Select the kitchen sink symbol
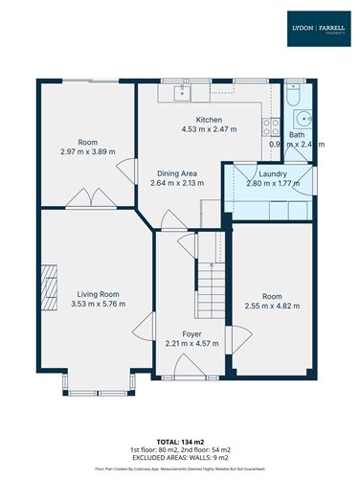click(x=181, y=92)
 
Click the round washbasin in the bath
click(x=304, y=120)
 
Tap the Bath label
click(x=297, y=135)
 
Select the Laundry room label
click(x=265, y=173)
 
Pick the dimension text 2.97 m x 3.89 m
click(x=87, y=152)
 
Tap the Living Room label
click(x=98, y=294)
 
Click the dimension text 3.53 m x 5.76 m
click(x=98, y=305)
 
